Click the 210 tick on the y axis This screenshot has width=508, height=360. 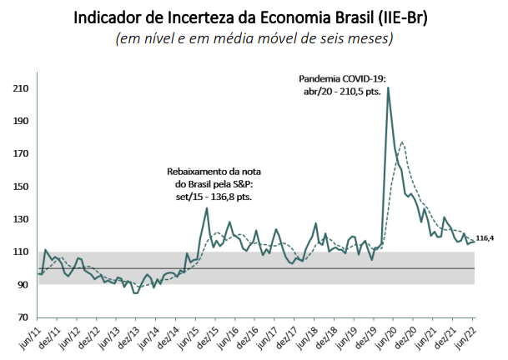tap(18, 88)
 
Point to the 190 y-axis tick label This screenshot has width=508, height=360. tap(18, 121)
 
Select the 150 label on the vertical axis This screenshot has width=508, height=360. tap(18, 187)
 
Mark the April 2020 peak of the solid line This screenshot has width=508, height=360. tap(388, 87)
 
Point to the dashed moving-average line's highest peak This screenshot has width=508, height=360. tap(403, 142)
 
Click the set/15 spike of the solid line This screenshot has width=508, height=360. tap(206, 208)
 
